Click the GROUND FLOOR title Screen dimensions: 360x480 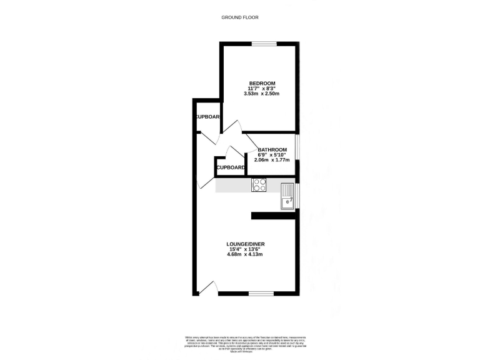tap(240, 17)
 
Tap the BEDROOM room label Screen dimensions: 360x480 tap(262, 84)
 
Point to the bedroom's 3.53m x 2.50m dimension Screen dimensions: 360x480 tap(262, 94)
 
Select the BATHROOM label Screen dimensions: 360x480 tap(272, 150)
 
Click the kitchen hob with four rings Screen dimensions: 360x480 tap(259, 185)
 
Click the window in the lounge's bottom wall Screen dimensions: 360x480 tap(261, 293)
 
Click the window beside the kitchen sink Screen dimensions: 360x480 tap(297, 196)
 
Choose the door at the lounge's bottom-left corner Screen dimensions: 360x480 tap(208, 287)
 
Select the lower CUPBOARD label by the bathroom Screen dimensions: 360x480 tap(231, 167)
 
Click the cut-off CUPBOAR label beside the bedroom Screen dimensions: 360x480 tap(207, 117)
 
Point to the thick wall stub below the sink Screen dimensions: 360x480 tap(273, 216)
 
